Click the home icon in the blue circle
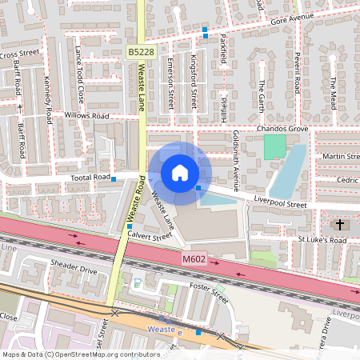click(180, 173)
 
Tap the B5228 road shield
click(140, 51)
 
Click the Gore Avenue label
click(292, 18)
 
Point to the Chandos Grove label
click(282, 128)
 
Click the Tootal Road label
click(90, 177)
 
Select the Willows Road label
click(87, 115)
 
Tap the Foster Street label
click(209, 289)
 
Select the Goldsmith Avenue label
click(236, 160)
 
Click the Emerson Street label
click(170, 87)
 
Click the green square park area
click(274, 146)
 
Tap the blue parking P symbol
click(138, 282)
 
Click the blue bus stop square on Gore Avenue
click(205, 30)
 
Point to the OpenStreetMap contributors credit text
click(81, 354)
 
